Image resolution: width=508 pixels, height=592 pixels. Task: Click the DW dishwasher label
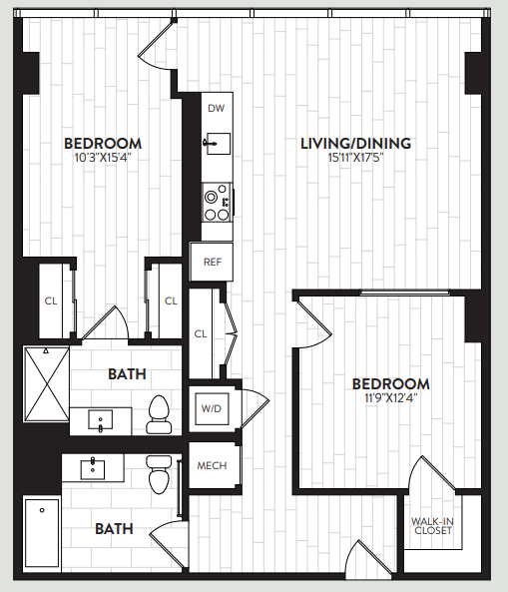[216, 108]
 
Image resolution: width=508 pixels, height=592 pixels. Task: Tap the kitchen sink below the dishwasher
[217, 143]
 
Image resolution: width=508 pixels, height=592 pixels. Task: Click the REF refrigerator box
[212, 263]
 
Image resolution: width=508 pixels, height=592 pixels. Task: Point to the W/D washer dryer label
[212, 408]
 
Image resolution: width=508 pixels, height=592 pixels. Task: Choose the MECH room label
[212, 465]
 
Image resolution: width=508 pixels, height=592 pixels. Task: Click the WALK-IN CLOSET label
[431, 525]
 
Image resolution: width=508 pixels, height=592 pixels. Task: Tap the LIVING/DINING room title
[356, 143]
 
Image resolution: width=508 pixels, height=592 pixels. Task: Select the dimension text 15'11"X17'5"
[356, 157]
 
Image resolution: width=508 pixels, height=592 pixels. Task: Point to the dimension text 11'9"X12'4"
[390, 397]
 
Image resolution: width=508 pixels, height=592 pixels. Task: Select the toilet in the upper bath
[158, 413]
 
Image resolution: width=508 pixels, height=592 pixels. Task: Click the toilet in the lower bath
[159, 474]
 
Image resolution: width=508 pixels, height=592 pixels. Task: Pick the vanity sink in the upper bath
[101, 420]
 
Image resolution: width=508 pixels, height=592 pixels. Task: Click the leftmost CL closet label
[50, 300]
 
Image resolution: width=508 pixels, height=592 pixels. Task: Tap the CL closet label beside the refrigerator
[201, 333]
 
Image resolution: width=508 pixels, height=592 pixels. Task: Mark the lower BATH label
[114, 529]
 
